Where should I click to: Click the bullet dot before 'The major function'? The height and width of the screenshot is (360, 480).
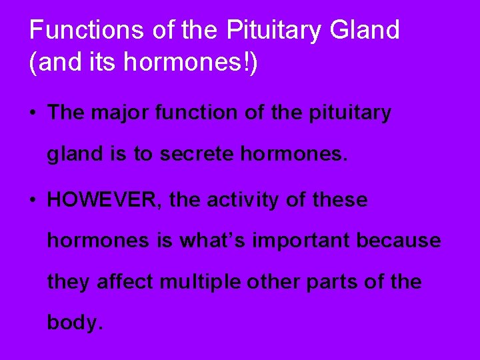point(33,113)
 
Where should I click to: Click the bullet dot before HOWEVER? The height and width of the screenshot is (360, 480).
point(33,200)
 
